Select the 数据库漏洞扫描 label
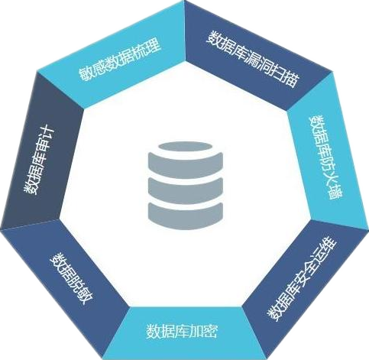pyautogui.click(x=253, y=59)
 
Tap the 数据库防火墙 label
pyautogui.click(x=326, y=157)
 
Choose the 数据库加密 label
pyautogui.click(x=182, y=331)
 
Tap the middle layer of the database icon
pyautogui.click(x=186, y=191)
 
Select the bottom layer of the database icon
pyautogui.click(x=186, y=216)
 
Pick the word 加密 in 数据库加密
pyautogui.click(x=203, y=331)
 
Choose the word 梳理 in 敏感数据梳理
pyautogui.click(x=148, y=48)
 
